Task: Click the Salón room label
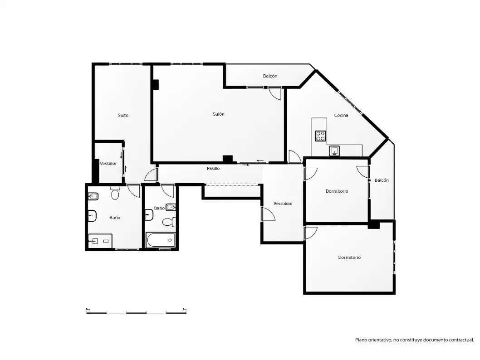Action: pos(219,114)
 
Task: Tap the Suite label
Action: pos(123,115)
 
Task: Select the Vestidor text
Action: pos(108,164)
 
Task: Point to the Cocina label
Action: pos(341,115)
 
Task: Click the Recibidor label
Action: pos(283,204)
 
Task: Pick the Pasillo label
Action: pos(213,169)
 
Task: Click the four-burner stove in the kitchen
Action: pos(320,136)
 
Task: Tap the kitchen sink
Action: pos(334,151)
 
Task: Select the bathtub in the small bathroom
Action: pos(161,240)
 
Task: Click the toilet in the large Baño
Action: pos(115,193)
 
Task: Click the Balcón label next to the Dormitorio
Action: pos(382,180)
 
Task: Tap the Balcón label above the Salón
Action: pos(270,76)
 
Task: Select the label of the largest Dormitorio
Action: pos(349,258)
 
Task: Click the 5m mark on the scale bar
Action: pos(184,310)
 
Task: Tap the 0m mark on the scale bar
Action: pos(88,310)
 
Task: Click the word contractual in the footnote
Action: pos(462,340)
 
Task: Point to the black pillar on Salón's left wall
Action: pos(156,84)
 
